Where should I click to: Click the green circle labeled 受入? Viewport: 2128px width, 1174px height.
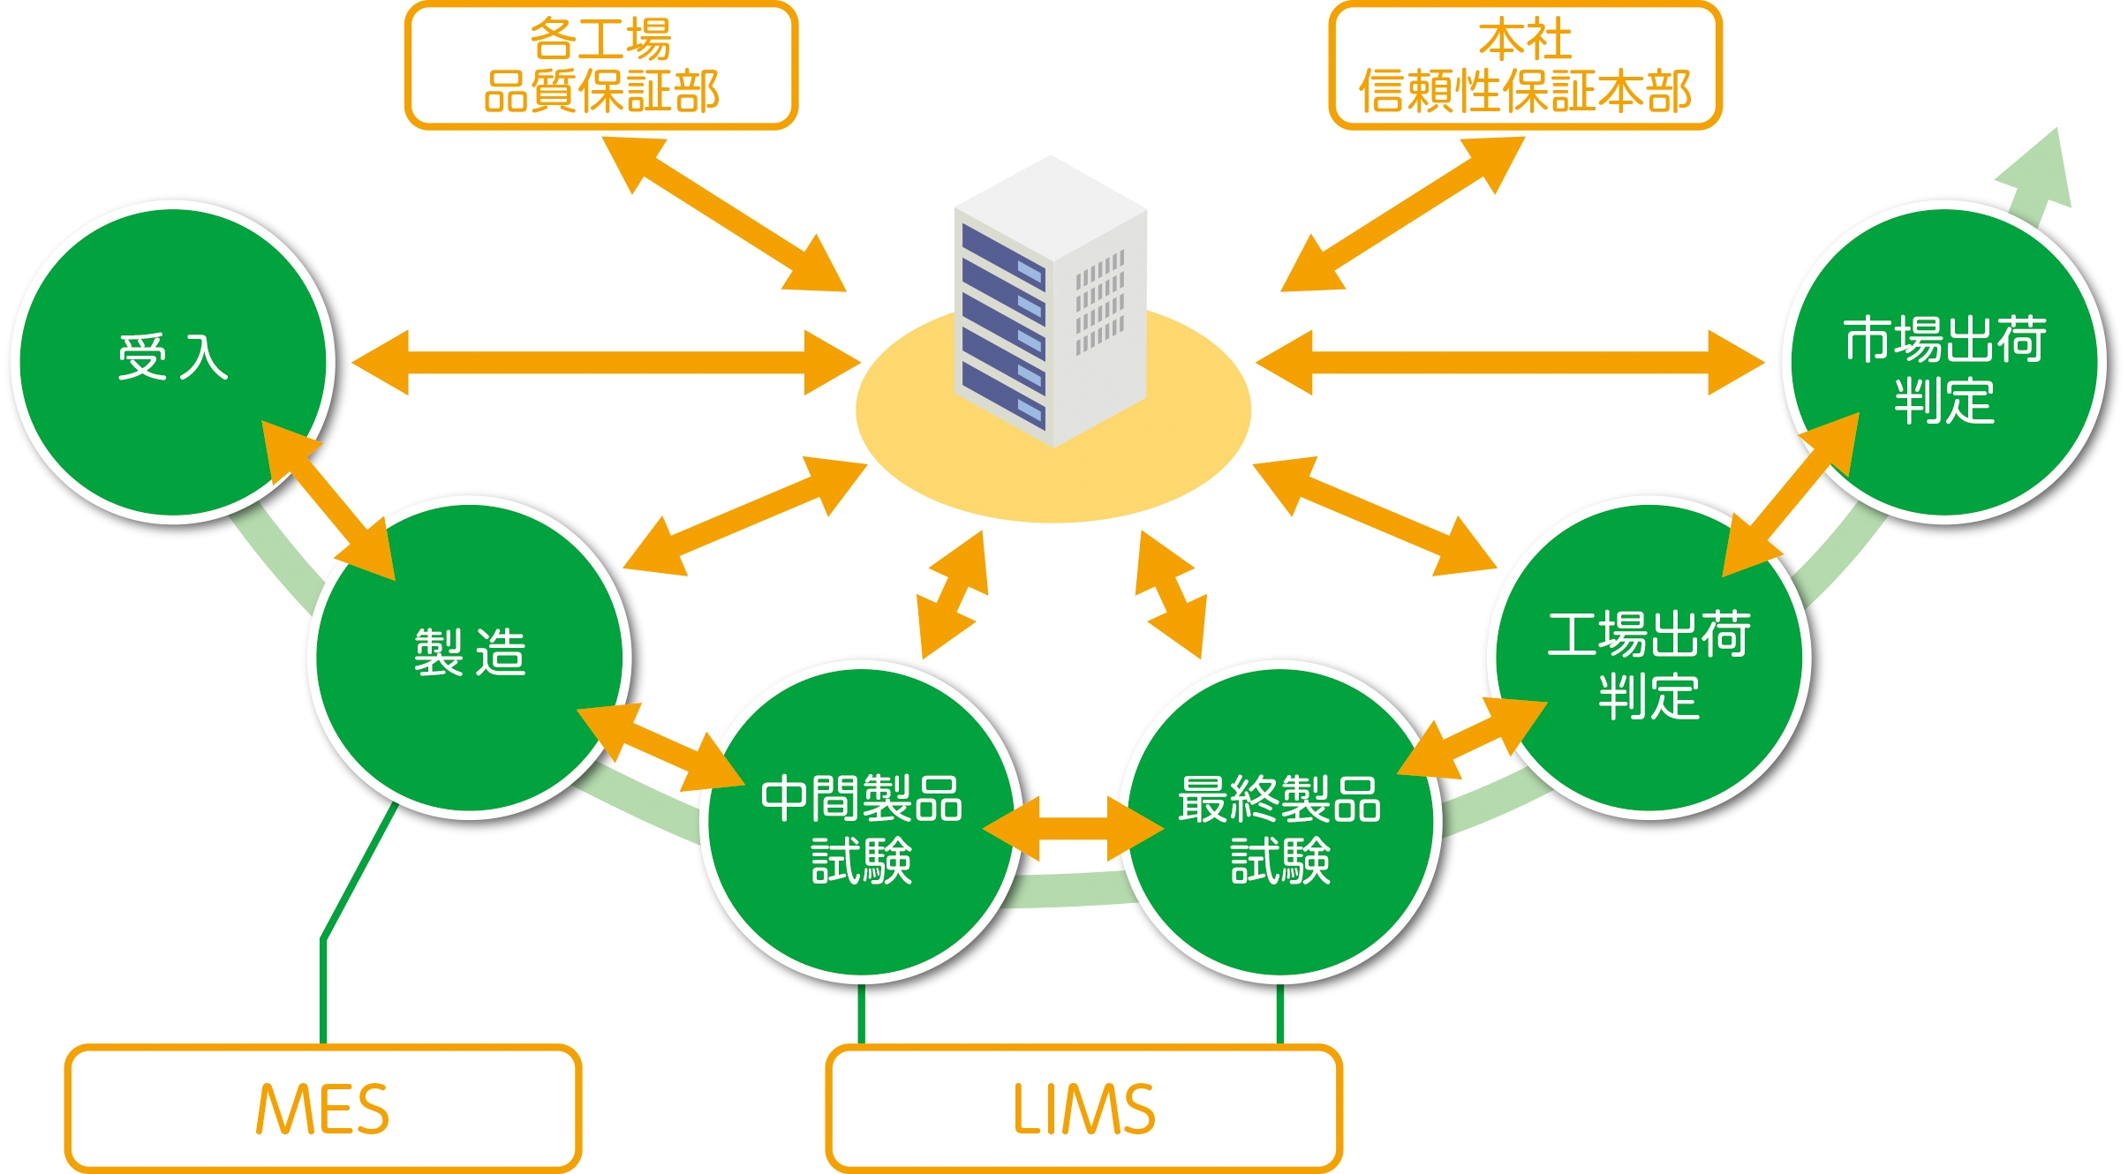172,362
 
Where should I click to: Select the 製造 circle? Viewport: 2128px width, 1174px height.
469,658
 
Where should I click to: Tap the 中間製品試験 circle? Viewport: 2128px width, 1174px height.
861,825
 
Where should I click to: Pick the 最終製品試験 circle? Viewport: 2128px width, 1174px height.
1280,825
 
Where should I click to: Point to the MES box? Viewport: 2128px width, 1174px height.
322,1109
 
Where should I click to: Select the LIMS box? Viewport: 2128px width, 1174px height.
1083,1109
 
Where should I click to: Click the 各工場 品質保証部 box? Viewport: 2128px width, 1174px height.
600,66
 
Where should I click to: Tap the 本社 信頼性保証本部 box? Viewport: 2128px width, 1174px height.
1525,66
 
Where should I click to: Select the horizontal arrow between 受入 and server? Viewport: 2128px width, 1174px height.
606,363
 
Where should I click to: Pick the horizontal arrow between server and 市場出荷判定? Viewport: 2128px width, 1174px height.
1510,363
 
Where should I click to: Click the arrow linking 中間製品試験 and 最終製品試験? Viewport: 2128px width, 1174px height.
1073,829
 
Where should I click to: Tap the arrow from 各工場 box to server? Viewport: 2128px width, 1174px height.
724,214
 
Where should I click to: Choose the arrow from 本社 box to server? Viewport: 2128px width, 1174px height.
1402,214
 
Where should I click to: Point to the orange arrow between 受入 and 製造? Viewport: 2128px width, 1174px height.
328,500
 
